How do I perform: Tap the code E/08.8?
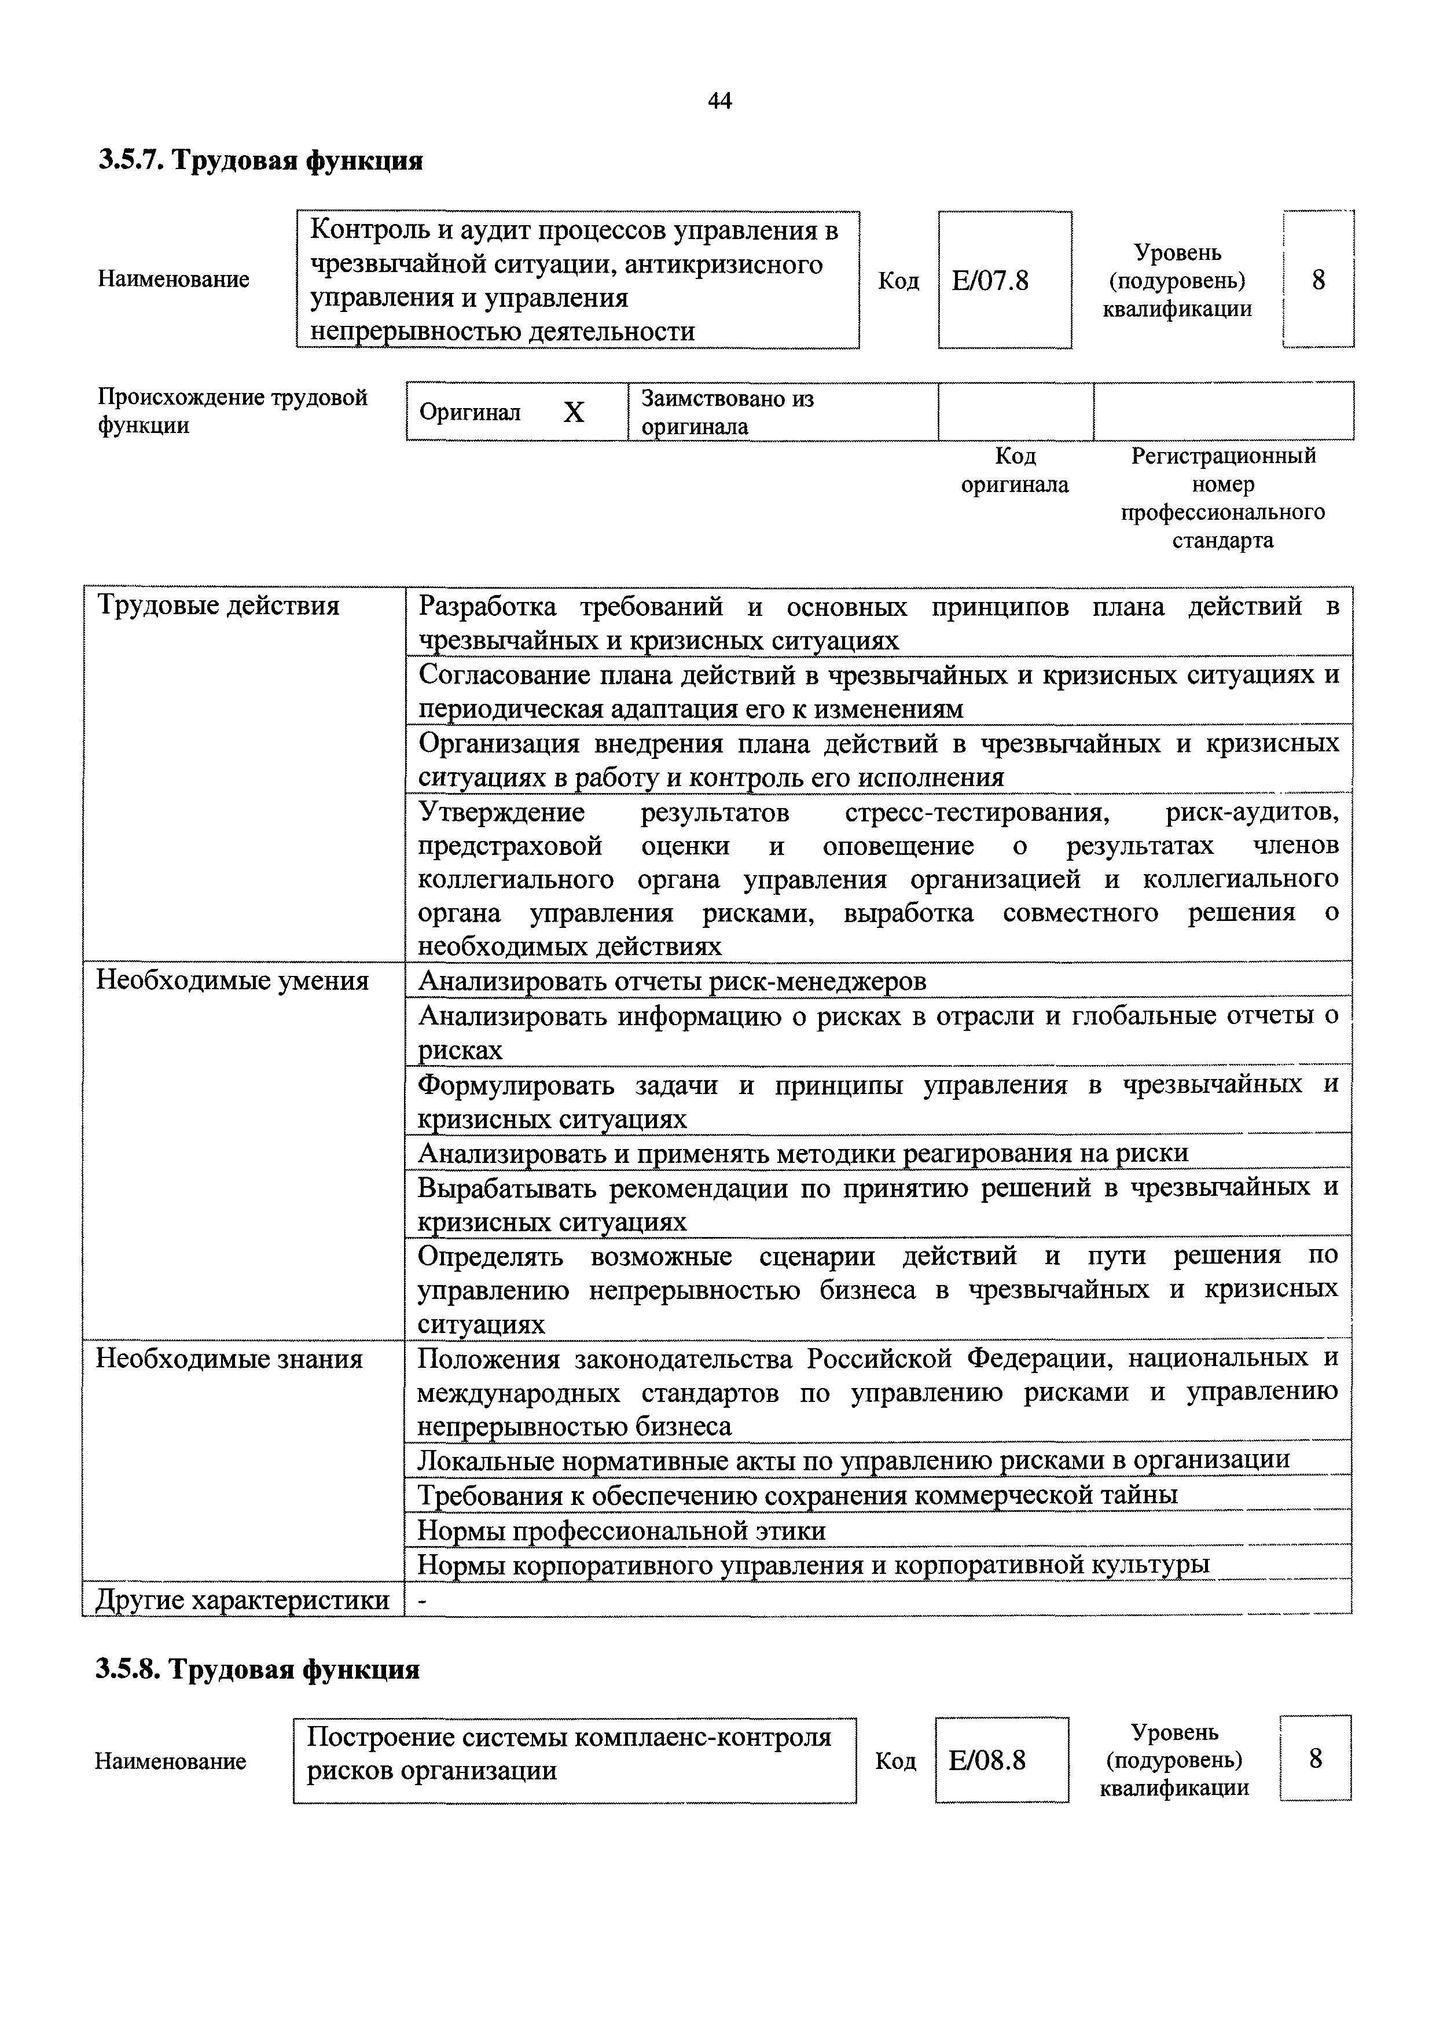pos(987,1760)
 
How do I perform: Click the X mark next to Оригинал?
pos(574,412)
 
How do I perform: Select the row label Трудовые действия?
pos(218,607)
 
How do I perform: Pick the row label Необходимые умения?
pos(232,981)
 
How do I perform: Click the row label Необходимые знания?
pos(229,1359)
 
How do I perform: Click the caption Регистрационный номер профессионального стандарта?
pos(1223,498)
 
